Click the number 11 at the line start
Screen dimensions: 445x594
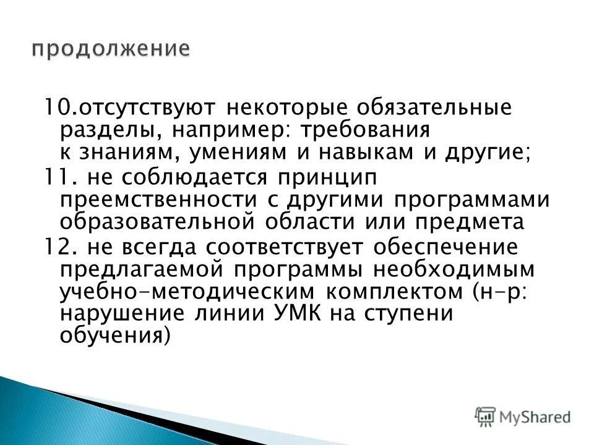pyautogui.click(x=53, y=177)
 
